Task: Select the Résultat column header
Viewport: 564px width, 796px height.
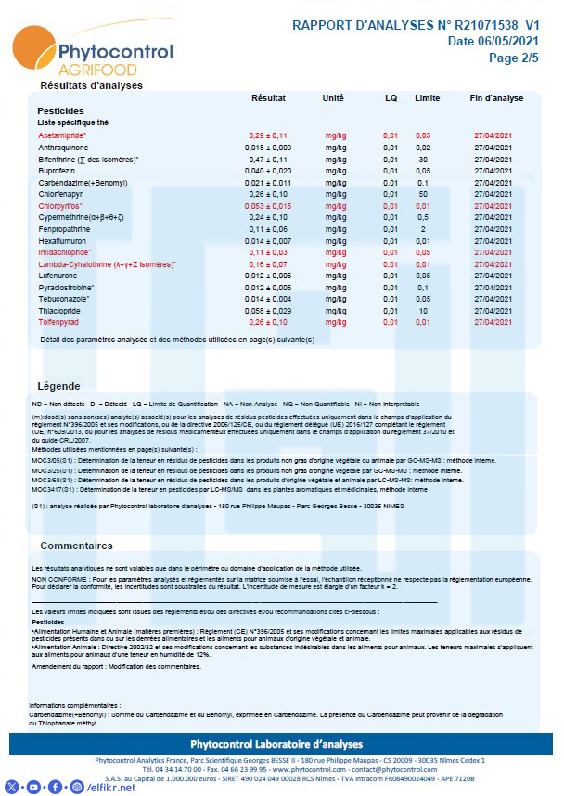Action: (x=268, y=97)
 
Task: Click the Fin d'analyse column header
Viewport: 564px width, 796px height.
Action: (x=496, y=97)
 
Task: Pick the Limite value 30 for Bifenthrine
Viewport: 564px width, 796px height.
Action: (x=423, y=160)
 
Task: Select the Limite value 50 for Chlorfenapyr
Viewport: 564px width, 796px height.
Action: (x=423, y=194)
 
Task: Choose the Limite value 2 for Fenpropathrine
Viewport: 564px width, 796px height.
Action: (x=423, y=229)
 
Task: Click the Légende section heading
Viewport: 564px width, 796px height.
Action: (x=58, y=385)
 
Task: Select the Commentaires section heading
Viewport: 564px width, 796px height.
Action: (x=76, y=546)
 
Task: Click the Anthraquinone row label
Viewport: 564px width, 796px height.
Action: (x=63, y=148)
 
